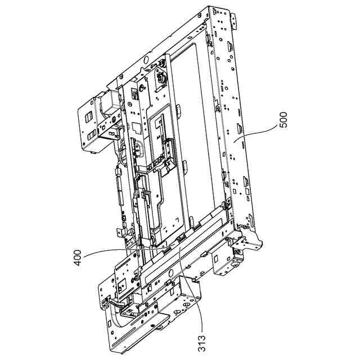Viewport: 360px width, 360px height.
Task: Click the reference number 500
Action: pos(283,120)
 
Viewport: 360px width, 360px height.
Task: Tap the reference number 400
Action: pos(78,258)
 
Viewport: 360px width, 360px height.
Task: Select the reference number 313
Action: pos(201,343)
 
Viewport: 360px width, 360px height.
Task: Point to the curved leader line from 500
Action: pos(255,134)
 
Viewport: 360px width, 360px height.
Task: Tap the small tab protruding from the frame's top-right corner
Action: pos(234,21)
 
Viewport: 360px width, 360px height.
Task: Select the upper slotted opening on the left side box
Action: pos(89,118)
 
